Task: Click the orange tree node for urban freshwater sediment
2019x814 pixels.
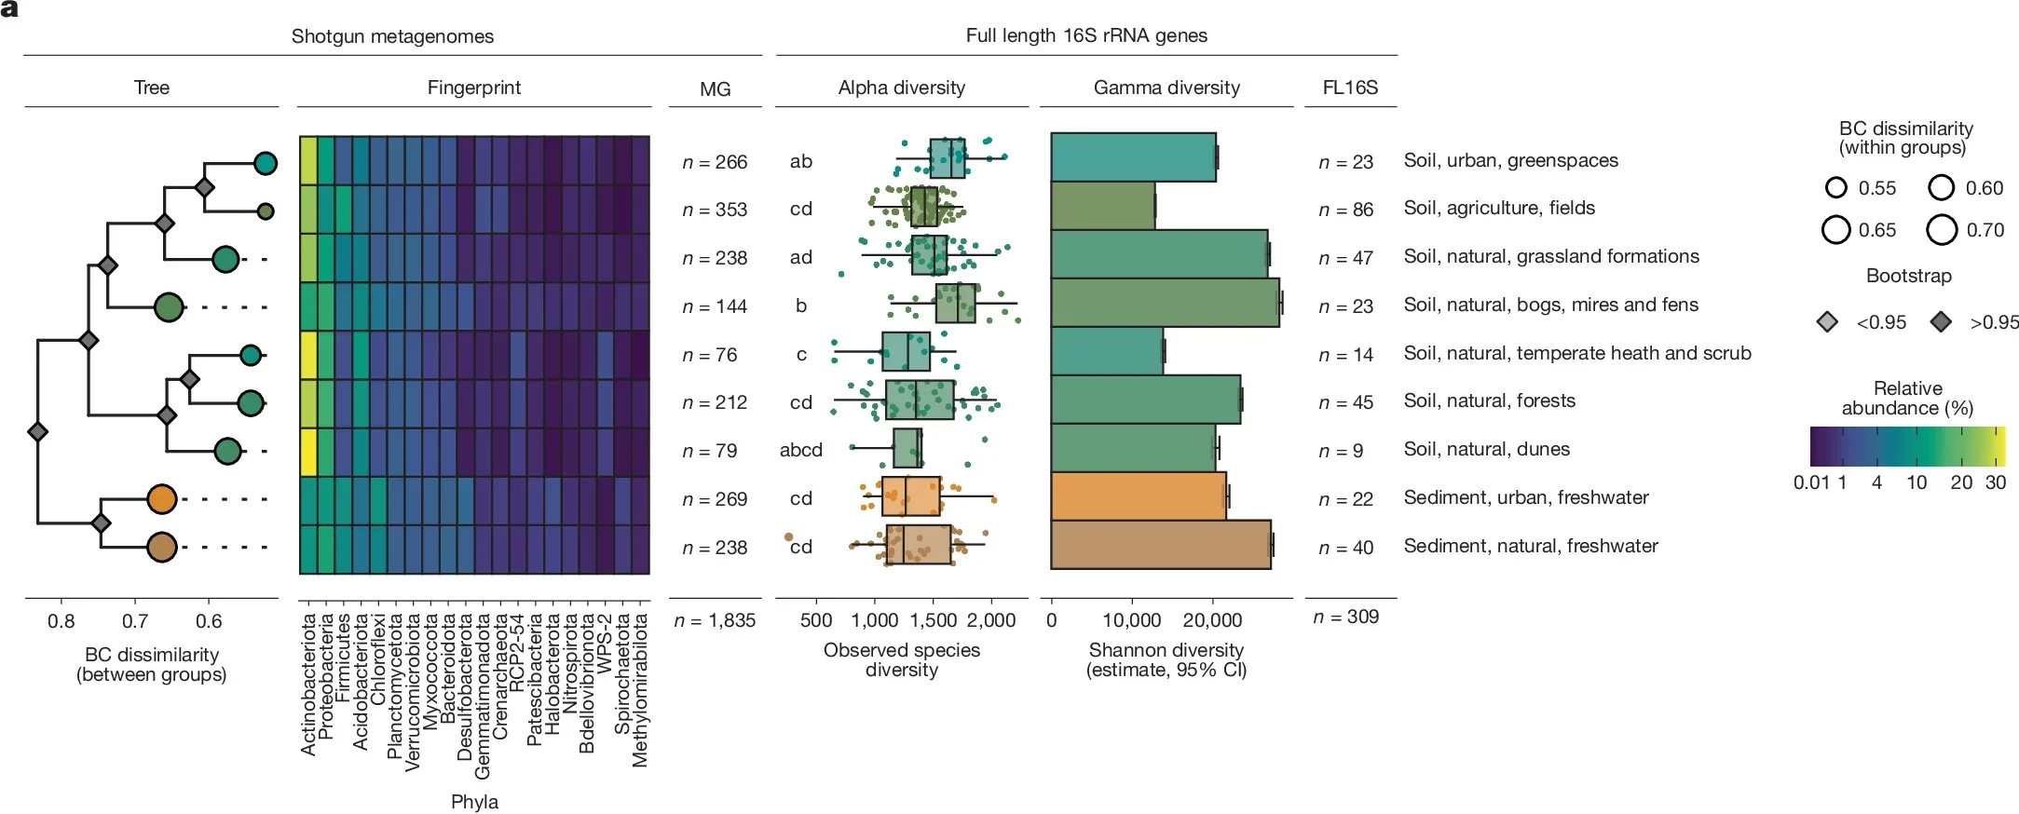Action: coord(161,499)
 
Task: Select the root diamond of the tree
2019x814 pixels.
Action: coord(37,432)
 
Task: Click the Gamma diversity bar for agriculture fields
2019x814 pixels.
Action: coord(1102,207)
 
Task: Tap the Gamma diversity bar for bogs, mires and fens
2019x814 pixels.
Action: coord(1165,303)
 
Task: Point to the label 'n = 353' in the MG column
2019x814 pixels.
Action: coord(715,210)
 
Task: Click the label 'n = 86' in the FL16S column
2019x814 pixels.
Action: coord(1345,210)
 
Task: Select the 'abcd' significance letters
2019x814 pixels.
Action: coord(800,450)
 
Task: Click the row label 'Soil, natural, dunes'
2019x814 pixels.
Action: coord(1486,449)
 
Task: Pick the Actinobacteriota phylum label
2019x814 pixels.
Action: coord(308,685)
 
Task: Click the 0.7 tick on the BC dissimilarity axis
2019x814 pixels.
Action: coord(135,621)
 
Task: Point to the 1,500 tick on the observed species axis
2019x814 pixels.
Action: coord(933,620)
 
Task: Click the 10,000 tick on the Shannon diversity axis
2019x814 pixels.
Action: coord(1131,620)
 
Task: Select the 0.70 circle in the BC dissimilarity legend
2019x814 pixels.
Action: coord(1942,229)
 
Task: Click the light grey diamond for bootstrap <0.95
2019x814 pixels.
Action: coord(1828,322)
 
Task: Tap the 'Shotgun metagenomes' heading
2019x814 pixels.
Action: coord(392,36)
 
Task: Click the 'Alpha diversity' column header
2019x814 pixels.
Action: coord(901,88)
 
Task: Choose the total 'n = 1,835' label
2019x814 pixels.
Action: coord(715,620)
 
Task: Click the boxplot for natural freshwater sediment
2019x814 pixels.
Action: coord(918,545)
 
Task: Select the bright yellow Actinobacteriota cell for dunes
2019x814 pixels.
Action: coord(308,452)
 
